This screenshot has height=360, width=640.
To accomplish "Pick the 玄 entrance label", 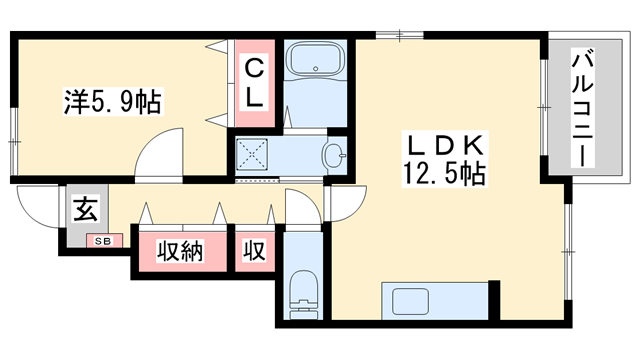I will click(x=85, y=210).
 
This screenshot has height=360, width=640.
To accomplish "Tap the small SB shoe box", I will click(x=103, y=240).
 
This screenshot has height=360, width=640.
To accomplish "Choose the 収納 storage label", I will click(x=181, y=251).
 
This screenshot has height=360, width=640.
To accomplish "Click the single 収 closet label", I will click(x=255, y=251).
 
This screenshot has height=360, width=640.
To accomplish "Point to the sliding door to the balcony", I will click(x=543, y=108).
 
